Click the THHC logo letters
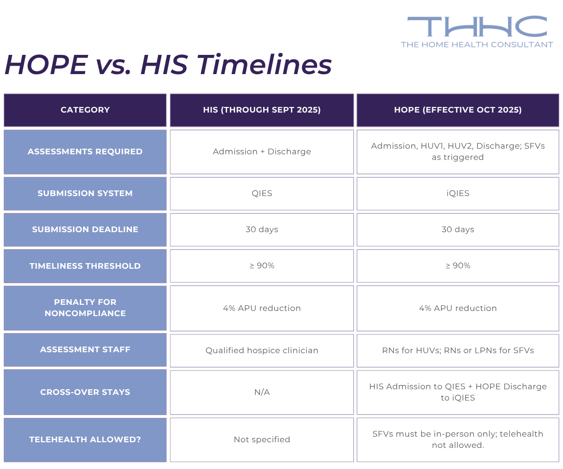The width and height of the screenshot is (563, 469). (477, 27)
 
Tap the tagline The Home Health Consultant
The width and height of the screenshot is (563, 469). (477, 45)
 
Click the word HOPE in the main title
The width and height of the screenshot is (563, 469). (46, 65)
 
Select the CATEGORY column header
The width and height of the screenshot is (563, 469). (85, 110)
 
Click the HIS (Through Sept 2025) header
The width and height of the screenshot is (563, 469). (262, 110)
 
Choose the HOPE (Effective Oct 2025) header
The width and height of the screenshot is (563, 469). (458, 110)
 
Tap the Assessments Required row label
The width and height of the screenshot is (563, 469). (85, 151)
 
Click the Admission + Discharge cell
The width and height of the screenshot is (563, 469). (262, 151)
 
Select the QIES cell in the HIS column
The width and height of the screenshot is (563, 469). (262, 193)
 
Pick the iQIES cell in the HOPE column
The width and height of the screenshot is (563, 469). (458, 193)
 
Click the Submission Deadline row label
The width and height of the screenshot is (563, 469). (85, 229)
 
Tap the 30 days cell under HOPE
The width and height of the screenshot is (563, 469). (458, 229)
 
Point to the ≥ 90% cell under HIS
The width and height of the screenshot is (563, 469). (262, 265)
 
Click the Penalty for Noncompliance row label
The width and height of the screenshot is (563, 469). (85, 308)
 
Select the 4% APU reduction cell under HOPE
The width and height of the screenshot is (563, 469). (458, 308)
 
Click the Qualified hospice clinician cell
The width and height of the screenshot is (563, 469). (262, 350)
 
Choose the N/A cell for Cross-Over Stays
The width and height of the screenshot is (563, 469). (262, 392)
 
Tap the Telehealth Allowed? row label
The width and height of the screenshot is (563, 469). (85, 439)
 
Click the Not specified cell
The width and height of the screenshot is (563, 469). (262, 439)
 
